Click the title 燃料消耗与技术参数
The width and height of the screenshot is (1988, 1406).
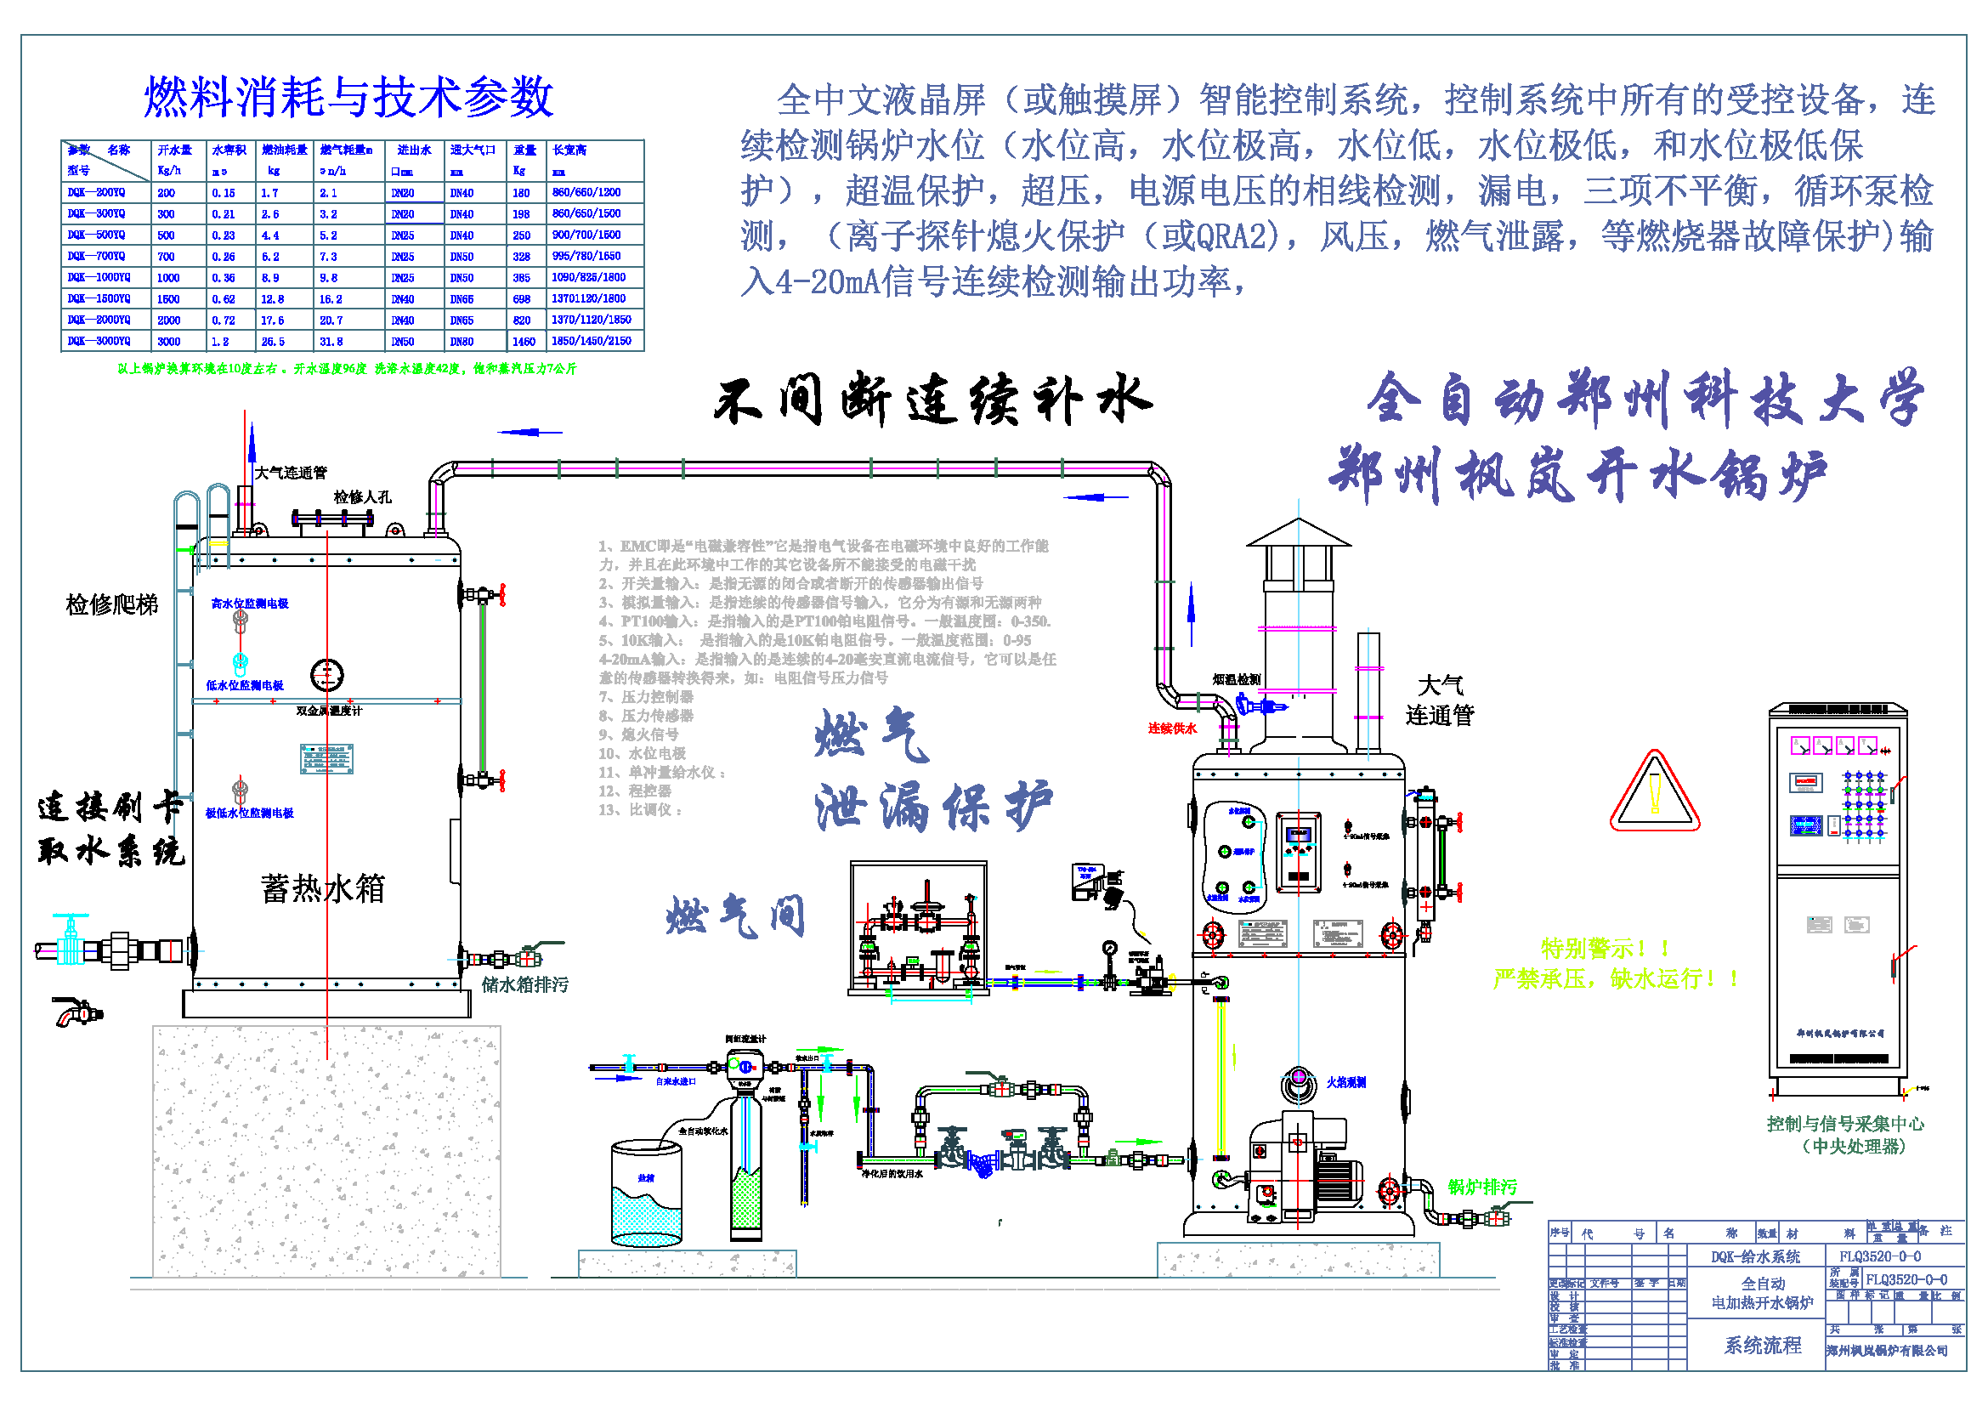tap(348, 96)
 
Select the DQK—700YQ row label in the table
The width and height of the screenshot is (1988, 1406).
tap(98, 256)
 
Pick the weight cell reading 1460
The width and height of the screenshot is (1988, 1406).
tap(524, 341)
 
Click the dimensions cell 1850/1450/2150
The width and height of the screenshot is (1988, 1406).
tap(592, 341)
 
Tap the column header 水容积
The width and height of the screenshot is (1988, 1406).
tap(229, 150)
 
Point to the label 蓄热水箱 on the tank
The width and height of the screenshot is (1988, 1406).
tap(322, 888)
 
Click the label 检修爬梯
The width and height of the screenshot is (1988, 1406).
tap(111, 604)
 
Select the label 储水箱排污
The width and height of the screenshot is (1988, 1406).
tap(524, 984)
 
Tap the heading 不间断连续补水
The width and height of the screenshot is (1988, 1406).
tap(932, 400)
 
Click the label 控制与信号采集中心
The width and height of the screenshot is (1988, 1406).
tap(1845, 1124)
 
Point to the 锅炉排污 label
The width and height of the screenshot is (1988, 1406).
tap(1482, 1187)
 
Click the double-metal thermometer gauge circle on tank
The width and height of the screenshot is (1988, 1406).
tap(327, 674)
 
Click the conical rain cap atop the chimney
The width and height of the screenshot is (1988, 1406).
tap(1298, 533)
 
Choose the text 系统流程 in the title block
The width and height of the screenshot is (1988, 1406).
tap(1762, 1345)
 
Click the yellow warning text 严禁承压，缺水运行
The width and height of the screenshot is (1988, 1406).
tap(1616, 978)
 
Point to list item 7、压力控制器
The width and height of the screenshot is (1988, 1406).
tap(646, 697)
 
